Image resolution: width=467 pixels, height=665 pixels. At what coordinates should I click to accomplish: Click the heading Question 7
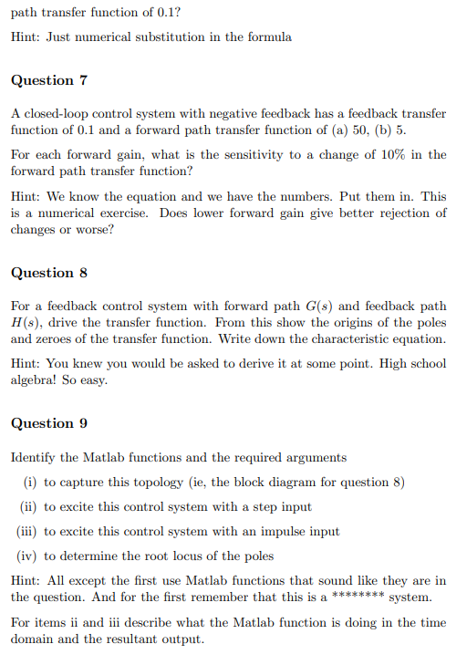click(48, 80)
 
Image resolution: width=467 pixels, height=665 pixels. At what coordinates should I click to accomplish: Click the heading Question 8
click(48, 273)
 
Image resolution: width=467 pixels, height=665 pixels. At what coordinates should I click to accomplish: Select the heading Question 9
click(48, 423)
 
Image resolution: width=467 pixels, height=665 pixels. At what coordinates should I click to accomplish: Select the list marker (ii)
click(28, 507)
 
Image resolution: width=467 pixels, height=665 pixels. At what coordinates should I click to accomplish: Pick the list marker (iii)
click(26, 532)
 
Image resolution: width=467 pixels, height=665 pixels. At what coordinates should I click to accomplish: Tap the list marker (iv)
click(27, 556)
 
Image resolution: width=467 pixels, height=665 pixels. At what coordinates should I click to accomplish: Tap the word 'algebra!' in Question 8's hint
click(36, 380)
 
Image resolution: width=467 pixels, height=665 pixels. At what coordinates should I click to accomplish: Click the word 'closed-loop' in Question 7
click(56, 114)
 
